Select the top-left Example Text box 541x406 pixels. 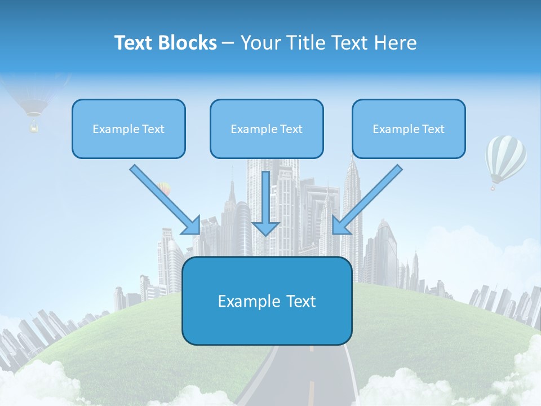coord(128,129)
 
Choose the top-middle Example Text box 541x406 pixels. coord(267,129)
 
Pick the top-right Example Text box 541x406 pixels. coord(409,129)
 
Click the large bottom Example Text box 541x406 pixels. coord(267,301)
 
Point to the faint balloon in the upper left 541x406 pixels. coord(35,101)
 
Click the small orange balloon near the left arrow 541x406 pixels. coord(163,188)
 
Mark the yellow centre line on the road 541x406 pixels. coord(311,389)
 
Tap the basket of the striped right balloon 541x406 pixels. coord(494,187)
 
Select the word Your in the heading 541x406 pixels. coord(259,43)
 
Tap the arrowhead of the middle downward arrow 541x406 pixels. coord(265,228)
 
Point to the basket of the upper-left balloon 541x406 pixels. coord(34,128)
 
